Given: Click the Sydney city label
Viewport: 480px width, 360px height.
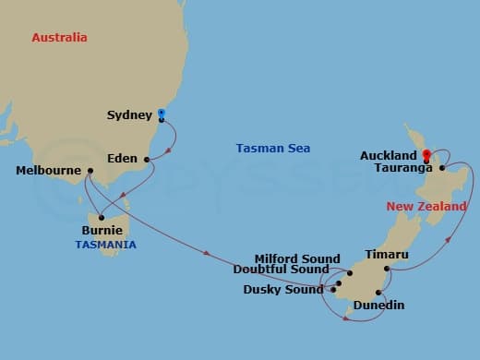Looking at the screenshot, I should (128, 115).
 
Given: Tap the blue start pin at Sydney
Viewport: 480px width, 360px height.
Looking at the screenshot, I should (162, 111).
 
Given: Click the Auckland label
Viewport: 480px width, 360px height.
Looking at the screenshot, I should (389, 156).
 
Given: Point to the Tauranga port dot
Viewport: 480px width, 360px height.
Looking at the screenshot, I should (443, 168).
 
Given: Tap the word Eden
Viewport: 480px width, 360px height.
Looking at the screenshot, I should (123, 159).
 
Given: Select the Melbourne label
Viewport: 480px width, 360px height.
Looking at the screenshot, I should (47, 171).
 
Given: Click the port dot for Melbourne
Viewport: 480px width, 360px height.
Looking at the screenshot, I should (90, 171).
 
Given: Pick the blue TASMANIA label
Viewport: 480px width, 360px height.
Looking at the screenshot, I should (106, 245).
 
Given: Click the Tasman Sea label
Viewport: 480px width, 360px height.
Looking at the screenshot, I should (273, 148).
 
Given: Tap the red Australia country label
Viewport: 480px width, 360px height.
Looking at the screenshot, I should (59, 38).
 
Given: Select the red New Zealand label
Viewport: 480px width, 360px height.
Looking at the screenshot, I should (426, 207).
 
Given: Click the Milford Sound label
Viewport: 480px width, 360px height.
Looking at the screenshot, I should (298, 258).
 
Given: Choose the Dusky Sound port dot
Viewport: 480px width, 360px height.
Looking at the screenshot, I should (333, 290).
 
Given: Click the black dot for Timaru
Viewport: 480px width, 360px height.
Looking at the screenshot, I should (387, 269).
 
